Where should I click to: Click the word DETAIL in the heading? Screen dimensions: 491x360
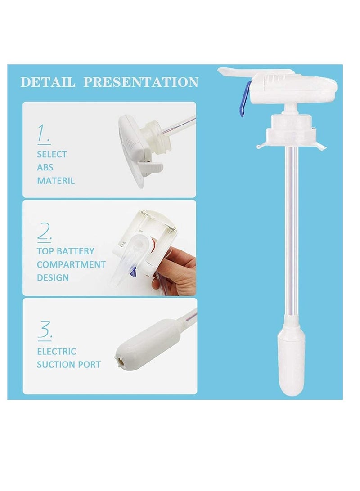(48, 82)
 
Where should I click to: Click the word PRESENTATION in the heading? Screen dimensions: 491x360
(141, 82)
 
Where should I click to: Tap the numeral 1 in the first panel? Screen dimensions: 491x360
(44, 134)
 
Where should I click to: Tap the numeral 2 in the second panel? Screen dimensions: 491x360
(44, 232)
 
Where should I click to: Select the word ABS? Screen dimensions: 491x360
(45, 168)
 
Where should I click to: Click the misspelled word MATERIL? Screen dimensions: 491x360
(56, 181)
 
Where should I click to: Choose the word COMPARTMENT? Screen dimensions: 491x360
(71, 264)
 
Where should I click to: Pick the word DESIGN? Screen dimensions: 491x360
(53, 278)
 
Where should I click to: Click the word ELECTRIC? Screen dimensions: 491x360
(57, 351)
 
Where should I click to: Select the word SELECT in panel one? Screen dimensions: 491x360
(52, 154)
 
